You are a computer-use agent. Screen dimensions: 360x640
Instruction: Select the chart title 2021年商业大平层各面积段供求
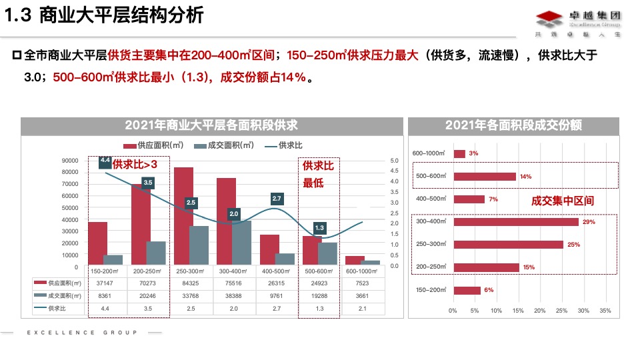coord(211,125)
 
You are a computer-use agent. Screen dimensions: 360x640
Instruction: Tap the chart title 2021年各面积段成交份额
coord(514,125)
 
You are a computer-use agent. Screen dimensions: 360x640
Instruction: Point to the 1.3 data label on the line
coord(319,228)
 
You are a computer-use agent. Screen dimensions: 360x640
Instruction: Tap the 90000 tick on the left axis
coord(69,161)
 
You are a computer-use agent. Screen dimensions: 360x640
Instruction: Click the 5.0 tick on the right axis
coord(394,161)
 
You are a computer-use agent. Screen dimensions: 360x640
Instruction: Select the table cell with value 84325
coord(191,283)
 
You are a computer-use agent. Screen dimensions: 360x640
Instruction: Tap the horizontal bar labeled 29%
coord(516,221)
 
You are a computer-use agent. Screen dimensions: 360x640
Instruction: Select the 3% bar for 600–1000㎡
coord(459,154)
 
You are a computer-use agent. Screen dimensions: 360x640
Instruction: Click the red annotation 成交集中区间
coord(563,200)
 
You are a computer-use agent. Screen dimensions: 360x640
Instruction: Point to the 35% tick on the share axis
coord(605,311)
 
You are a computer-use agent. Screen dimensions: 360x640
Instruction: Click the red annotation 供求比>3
coord(135,164)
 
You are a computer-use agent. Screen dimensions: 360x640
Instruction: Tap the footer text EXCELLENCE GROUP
coord(82,332)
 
